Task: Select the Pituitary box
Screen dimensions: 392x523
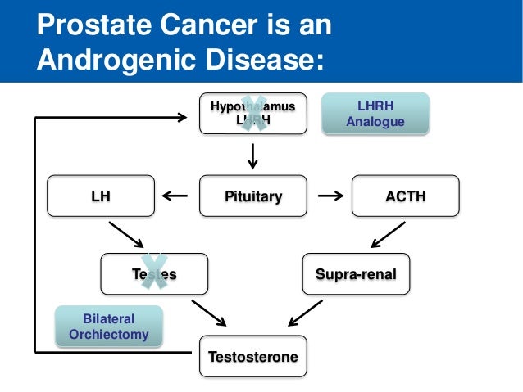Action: click(x=253, y=196)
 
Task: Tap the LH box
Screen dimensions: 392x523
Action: click(x=101, y=196)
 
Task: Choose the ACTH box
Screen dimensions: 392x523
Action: click(x=405, y=196)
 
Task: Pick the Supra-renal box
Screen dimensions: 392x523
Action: click(x=356, y=274)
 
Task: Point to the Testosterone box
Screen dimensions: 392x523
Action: click(x=253, y=357)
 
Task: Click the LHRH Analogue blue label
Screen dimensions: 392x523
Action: click(x=375, y=115)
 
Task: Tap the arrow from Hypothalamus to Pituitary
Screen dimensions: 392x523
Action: click(x=253, y=155)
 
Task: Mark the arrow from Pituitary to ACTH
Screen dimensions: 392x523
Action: click(x=330, y=196)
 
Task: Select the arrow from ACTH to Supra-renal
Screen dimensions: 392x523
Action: click(x=385, y=236)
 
